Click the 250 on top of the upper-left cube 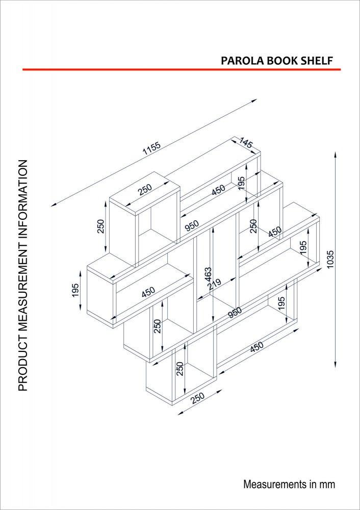(x=145, y=190)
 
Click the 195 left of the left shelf (x=75, y=291)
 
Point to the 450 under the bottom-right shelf (x=256, y=347)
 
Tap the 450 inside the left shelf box (x=148, y=292)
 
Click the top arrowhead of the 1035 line (x=335, y=154)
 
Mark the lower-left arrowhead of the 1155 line (x=53, y=205)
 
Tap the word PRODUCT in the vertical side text (x=22, y=363)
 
